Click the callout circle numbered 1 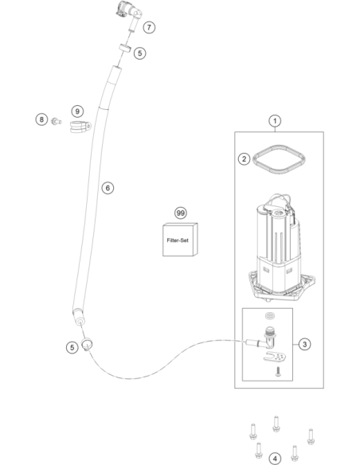coord(275,121)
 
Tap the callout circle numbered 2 coord(244,159)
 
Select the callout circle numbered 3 coord(304,344)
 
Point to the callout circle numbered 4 coord(275,459)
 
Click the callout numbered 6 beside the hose coord(108,188)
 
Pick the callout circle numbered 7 coord(149,28)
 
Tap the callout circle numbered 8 coord(41,119)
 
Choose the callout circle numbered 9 coord(77,111)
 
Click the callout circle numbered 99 coord(181,213)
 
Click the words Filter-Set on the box coord(178,240)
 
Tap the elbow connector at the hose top coord(129,14)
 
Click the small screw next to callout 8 coord(56,121)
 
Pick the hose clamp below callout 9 coord(80,127)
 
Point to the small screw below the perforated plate coord(278,372)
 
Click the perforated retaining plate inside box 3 coord(275,356)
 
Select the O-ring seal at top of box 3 coord(270,316)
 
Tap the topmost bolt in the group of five coord(276,424)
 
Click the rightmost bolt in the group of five coord(311,436)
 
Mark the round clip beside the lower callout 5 coord(87,344)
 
